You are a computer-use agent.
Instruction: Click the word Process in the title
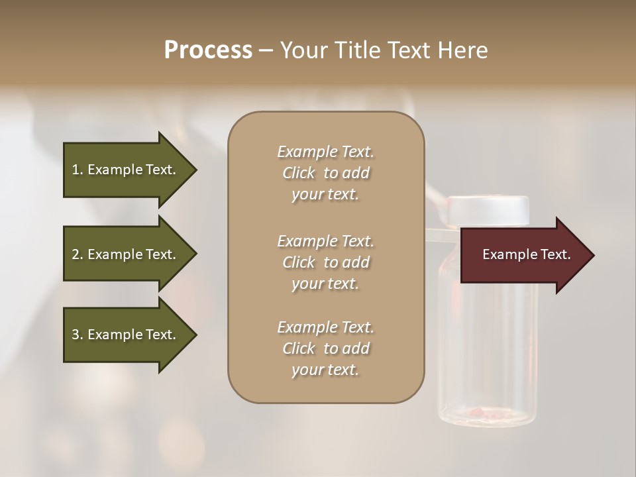(x=208, y=50)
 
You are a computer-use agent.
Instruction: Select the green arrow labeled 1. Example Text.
(x=124, y=170)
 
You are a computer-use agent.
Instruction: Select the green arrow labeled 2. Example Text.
(x=124, y=254)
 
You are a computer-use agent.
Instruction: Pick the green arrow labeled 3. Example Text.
(x=124, y=335)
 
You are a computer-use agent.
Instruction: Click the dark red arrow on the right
(x=523, y=255)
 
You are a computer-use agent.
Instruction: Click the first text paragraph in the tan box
(x=325, y=173)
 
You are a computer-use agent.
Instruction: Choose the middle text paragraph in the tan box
(x=325, y=262)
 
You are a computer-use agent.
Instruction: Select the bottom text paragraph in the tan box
(x=325, y=348)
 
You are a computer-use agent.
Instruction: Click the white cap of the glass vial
(x=488, y=211)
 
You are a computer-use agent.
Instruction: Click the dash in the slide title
(x=266, y=50)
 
